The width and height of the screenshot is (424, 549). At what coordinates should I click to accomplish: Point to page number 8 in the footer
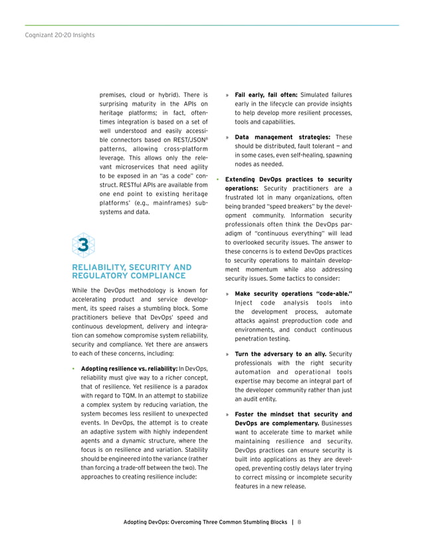click(300, 522)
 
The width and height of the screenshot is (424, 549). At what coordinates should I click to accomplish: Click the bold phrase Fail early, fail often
click(266, 94)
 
